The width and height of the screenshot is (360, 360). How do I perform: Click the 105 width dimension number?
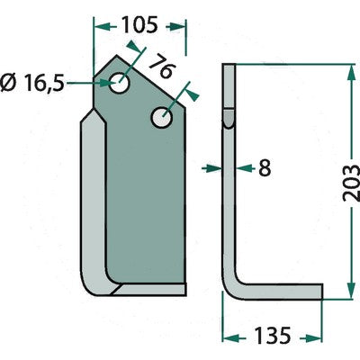pos(139,25)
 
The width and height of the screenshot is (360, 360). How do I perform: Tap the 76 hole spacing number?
pos(162,67)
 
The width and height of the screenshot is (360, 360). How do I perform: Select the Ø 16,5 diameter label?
pos(32,83)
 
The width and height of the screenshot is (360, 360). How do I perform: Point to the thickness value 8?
pos(265,168)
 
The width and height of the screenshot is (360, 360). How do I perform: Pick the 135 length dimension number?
pos(273,335)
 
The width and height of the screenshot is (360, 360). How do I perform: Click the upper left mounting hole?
pos(120,83)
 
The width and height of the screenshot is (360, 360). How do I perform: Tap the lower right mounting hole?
pos(162,117)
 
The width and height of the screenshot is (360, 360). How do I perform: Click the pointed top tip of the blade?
pos(117,56)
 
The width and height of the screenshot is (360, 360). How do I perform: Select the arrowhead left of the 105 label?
pos(102,27)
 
